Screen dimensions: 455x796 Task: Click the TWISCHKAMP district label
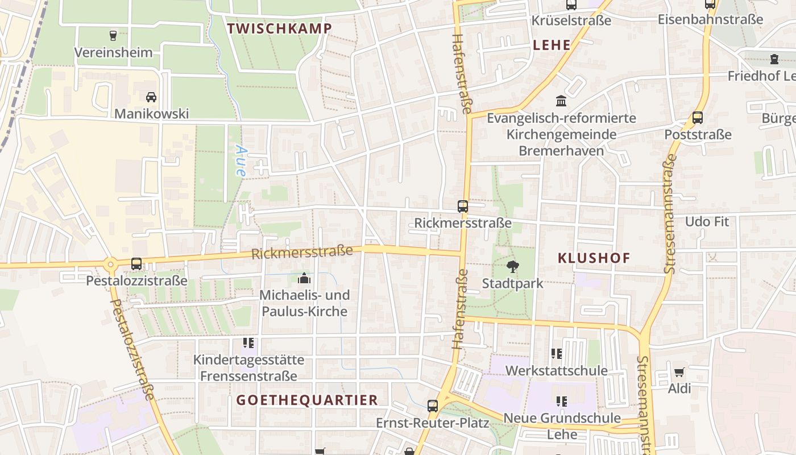coord(279,28)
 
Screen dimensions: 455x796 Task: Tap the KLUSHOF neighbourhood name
coord(594,258)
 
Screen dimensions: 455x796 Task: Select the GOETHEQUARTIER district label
coord(307,400)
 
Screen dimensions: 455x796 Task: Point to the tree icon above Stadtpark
coord(512,266)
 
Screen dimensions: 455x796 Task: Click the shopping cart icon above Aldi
coord(679,373)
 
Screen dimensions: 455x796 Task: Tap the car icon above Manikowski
coord(151,97)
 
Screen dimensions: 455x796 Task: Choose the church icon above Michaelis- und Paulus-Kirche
coord(304,278)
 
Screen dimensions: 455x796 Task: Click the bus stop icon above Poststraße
coord(698,118)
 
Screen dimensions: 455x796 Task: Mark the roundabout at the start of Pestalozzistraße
coord(110,263)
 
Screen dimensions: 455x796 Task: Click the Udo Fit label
coord(707,221)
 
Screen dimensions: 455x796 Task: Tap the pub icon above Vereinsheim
coord(113,35)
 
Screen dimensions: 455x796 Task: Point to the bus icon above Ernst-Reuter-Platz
coord(433,406)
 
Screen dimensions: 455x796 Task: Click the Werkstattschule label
coord(556,370)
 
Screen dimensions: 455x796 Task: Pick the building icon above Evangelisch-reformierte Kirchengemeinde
coord(561,101)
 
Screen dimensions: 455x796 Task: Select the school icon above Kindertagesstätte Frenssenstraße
coord(248,342)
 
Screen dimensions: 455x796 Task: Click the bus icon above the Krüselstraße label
coord(571,5)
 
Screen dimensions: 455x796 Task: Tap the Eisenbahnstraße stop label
coord(710,19)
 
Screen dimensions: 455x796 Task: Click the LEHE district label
coord(552,45)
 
